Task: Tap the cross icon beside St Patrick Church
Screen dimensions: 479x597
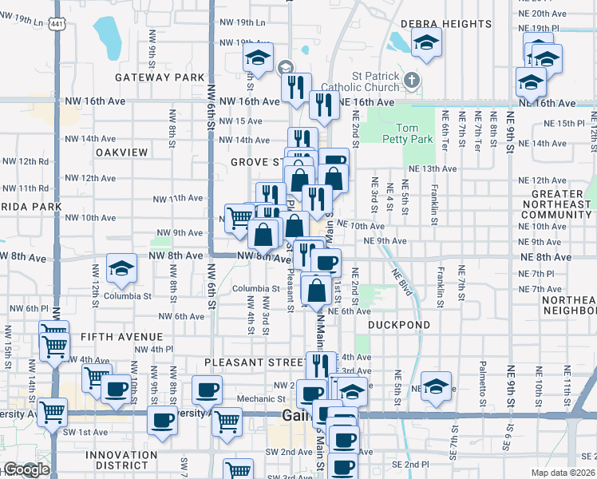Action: point(411,80)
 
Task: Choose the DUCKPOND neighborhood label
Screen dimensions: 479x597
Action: point(399,325)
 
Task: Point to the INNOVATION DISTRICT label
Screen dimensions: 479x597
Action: point(122,461)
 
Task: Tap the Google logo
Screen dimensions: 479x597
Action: point(26,470)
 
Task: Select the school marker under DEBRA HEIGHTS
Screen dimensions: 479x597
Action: point(427,42)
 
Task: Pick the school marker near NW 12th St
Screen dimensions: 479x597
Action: point(122,269)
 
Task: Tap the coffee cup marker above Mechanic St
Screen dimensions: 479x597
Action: point(208,390)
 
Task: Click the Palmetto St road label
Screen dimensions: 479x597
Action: point(483,378)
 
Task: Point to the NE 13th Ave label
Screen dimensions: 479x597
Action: point(432,168)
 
